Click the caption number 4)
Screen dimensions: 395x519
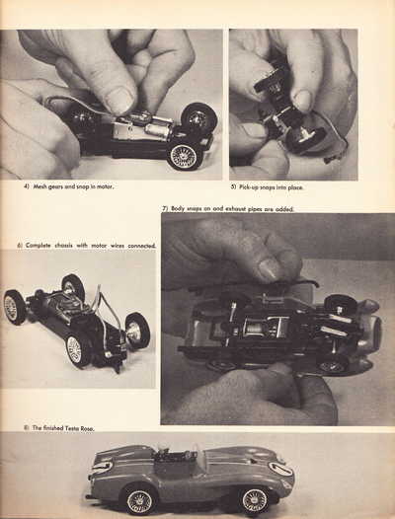[27, 186]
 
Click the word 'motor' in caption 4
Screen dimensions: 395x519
[106, 186]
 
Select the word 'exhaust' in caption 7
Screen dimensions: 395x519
[234, 209]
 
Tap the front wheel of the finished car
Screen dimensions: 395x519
[255, 500]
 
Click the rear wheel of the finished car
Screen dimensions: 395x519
[139, 501]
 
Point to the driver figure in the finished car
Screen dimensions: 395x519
[163, 449]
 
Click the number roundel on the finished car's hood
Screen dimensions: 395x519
[280, 469]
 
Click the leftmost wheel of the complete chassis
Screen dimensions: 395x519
[15, 307]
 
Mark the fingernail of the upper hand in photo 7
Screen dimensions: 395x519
[270, 268]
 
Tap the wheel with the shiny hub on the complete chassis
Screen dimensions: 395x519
[137, 331]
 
